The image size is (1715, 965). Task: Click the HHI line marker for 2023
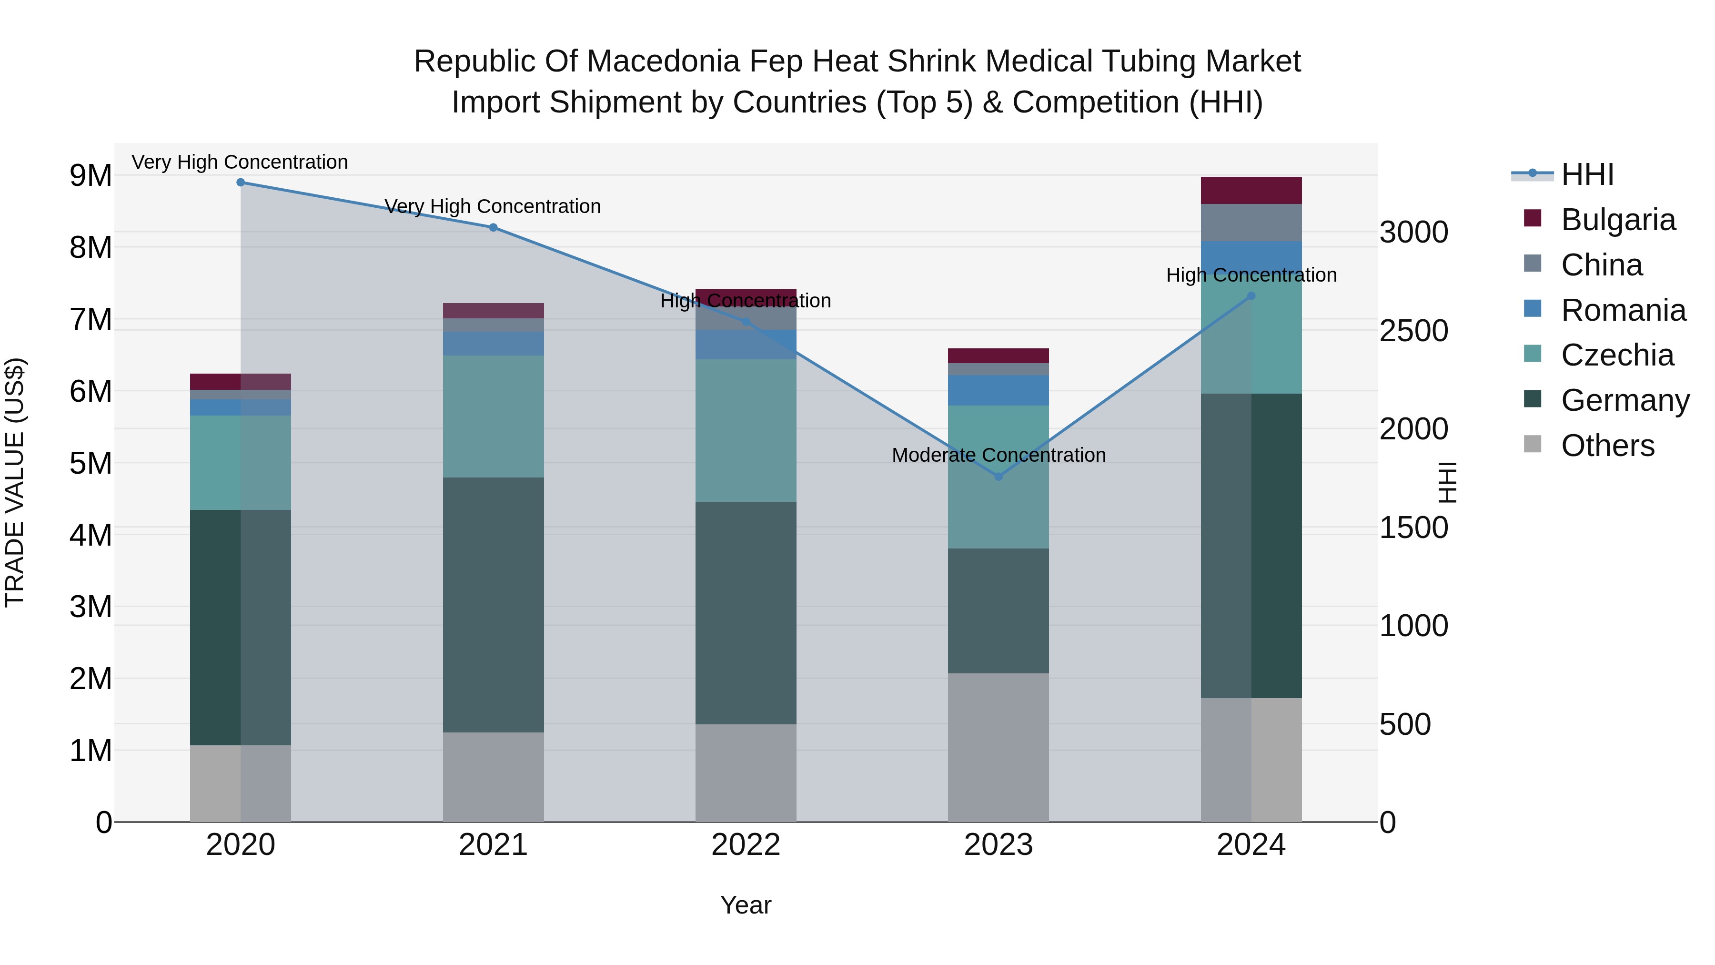pyautogui.click(x=998, y=476)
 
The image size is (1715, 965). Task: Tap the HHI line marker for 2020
pyautogui.click(x=241, y=183)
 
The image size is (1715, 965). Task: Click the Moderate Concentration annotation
pyautogui.click(x=998, y=456)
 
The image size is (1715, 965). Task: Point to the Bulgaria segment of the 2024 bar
pyautogui.click(x=1251, y=191)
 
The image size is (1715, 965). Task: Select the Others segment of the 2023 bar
pyautogui.click(x=998, y=747)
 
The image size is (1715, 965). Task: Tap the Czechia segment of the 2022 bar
pyautogui.click(x=746, y=430)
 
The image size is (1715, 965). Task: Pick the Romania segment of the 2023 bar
pyautogui.click(x=998, y=390)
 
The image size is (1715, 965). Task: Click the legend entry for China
pyautogui.click(x=1601, y=265)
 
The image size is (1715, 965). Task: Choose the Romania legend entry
pyautogui.click(x=1623, y=310)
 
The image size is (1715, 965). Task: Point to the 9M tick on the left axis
pyautogui.click(x=91, y=176)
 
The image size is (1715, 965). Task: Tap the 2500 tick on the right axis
pyautogui.click(x=1413, y=331)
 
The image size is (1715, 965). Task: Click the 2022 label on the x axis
pyautogui.click(x=746, y=845)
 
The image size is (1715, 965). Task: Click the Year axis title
pyautogui.click(x=746, y=905)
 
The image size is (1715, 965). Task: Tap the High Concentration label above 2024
pyautogui.click(x=1251, y=275)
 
